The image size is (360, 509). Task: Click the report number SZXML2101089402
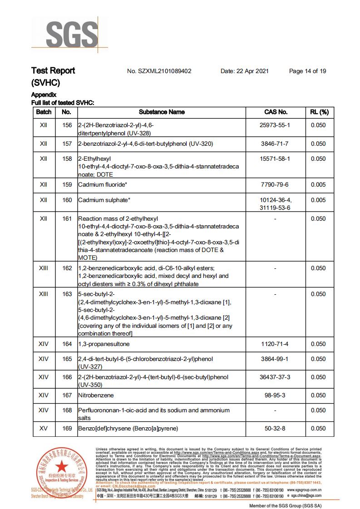click(x=159, y=71)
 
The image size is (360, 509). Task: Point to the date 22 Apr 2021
click(x=245, y=71)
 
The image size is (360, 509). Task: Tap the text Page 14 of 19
click(x=307, y=71)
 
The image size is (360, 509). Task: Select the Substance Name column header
click(x=162, y=112)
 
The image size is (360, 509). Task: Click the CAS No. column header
click(x=276, y=112)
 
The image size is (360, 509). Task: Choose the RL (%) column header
click(x=319, y=112)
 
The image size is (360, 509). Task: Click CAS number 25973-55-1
click(x=276, y=125)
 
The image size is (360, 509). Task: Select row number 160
click(x=67, y=200)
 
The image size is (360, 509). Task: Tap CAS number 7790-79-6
click(x=276, y=185)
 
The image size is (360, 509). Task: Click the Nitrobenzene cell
click(x=96, y=395)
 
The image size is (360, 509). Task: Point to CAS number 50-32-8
click(x=276, y=428)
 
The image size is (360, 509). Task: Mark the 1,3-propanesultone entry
click(x=104, y=344)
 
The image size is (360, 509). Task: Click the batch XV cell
click(x=44, y=428)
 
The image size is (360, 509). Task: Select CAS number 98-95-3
click(x=276, y=395)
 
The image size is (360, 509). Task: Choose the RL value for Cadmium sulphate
click(x=318, y=200)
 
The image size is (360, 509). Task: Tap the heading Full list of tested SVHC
click(x=62, y=102)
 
